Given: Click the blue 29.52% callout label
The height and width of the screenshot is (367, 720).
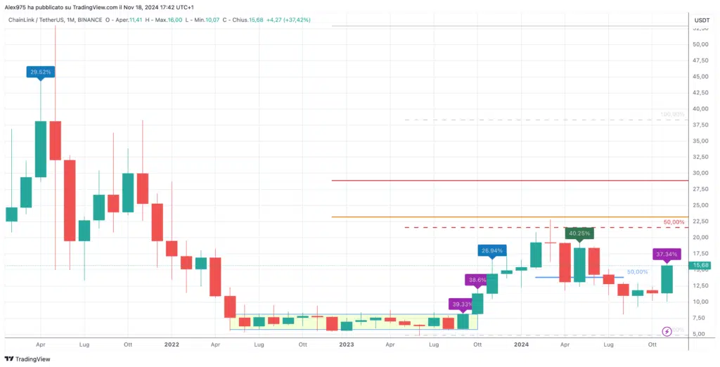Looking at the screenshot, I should click(x=40, y=72).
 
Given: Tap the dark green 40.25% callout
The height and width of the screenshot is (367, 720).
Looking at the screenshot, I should click(x=580, y=233).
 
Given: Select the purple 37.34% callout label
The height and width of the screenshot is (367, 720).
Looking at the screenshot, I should click(x=666, y=254).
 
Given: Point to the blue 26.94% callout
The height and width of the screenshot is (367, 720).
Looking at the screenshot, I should click(x=491, y=250).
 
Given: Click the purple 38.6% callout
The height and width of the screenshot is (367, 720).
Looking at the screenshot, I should click(x=477, y=280).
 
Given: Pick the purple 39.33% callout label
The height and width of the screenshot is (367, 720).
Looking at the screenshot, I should click(x=462, y=304).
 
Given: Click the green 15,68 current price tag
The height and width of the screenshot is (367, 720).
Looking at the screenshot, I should click(x=701, y=266).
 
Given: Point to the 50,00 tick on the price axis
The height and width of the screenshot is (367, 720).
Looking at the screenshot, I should click(x=700, y=44).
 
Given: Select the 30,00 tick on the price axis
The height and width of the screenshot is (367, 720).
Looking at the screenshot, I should click(x=700, y=173).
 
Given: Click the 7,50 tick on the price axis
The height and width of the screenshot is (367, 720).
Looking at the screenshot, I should click(x=700, y=318).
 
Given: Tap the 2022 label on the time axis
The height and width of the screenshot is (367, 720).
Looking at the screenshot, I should click(x=172, y=345).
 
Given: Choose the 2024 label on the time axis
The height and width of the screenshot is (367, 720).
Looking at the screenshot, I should click(x=521, y=345).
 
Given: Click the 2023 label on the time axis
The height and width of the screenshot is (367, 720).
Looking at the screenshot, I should click(x=346, y=345).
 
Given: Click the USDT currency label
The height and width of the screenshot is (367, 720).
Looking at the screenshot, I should click(x=701, y=20).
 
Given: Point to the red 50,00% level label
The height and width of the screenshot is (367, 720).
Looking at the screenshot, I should click(x=674, y=222).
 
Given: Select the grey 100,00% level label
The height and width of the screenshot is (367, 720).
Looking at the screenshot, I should click(x=672, y=114).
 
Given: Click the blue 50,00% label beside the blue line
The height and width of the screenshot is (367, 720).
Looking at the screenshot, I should click(x=637, y=272).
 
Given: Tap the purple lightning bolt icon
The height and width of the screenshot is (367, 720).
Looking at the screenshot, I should click(x=667, y=331).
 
